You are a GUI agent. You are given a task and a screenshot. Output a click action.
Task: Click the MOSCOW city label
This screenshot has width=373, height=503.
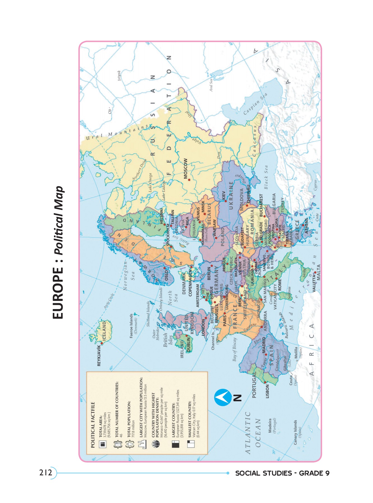[x=185, y=169]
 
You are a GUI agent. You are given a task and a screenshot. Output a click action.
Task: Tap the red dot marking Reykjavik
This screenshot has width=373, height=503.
[x=102, y=343]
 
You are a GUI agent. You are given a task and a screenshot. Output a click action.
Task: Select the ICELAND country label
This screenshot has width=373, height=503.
[x=104, y=331]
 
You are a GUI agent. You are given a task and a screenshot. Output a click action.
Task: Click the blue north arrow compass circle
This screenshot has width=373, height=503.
[x=223, y=397]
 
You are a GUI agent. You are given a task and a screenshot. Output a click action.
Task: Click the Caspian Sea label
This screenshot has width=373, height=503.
[x=255, y=103]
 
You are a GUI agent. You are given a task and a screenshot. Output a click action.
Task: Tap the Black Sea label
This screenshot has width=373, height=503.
[x=266, y=177]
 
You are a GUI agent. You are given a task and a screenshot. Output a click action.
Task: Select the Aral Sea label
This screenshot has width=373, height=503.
[x=211, y=85]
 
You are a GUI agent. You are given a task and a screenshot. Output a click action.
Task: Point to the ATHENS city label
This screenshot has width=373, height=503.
[x=306, y=226]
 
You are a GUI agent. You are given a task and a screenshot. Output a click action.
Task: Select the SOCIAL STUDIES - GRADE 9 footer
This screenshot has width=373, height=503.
[x=282, y=473]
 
